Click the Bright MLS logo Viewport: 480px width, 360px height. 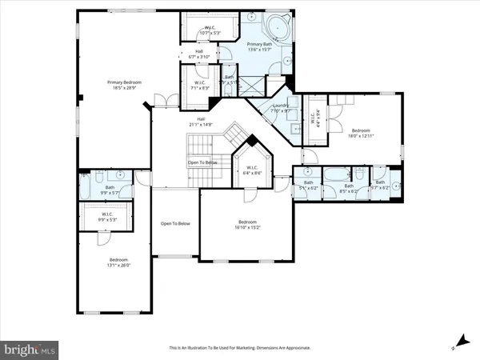point(30,349)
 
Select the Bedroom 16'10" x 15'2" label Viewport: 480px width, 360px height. point(247,225)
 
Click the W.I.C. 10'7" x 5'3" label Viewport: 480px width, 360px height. point(211,31)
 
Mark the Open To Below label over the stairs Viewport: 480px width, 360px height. point(203,162)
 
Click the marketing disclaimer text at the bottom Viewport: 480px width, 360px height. point(240,349)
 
